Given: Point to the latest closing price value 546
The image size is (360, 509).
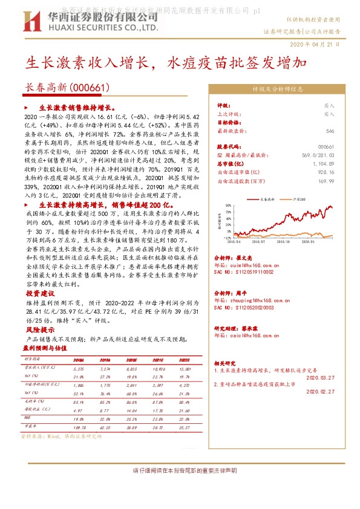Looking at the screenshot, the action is pos(330,131).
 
